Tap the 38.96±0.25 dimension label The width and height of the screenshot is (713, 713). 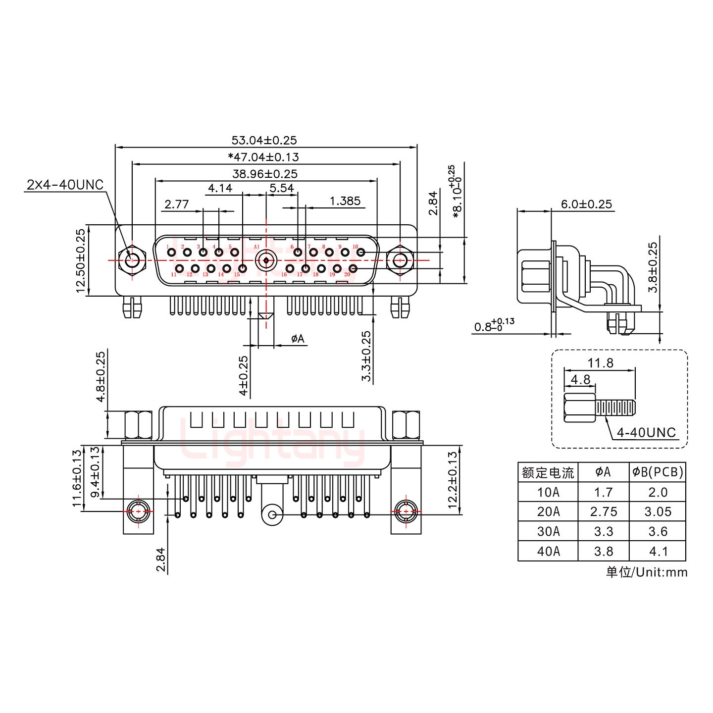[x=264, y=174]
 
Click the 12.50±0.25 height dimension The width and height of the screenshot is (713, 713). [x=81, y=261]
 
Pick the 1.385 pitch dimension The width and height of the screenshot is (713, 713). [x=345, y=201]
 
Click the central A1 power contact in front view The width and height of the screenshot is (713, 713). [x=266, y=260]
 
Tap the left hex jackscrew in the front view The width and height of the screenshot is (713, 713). [x=132, y=260]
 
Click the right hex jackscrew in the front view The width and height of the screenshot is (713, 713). [x=400, y=260]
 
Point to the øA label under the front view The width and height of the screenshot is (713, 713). [x=298, y=339]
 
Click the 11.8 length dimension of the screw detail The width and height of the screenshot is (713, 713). [x=600, y=363]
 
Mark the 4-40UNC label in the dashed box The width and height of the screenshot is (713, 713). [x=646, y=432]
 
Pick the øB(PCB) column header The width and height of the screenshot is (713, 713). [x=657, y=472]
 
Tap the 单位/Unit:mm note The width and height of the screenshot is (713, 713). [x=646, y=572]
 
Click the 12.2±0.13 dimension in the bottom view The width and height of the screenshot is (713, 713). [x=453, y=480]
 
